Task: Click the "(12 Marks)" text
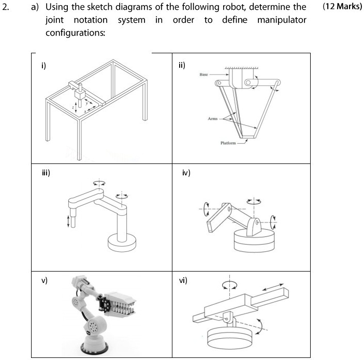click(342, 8)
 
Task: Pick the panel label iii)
click(46, 173)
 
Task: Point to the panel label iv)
click(186, 173)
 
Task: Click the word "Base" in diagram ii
click(203, 75)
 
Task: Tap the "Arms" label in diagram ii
click(212, 119)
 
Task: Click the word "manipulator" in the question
click(282, 20)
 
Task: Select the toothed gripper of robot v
click(120, 305)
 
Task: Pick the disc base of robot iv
click(253, 240)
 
